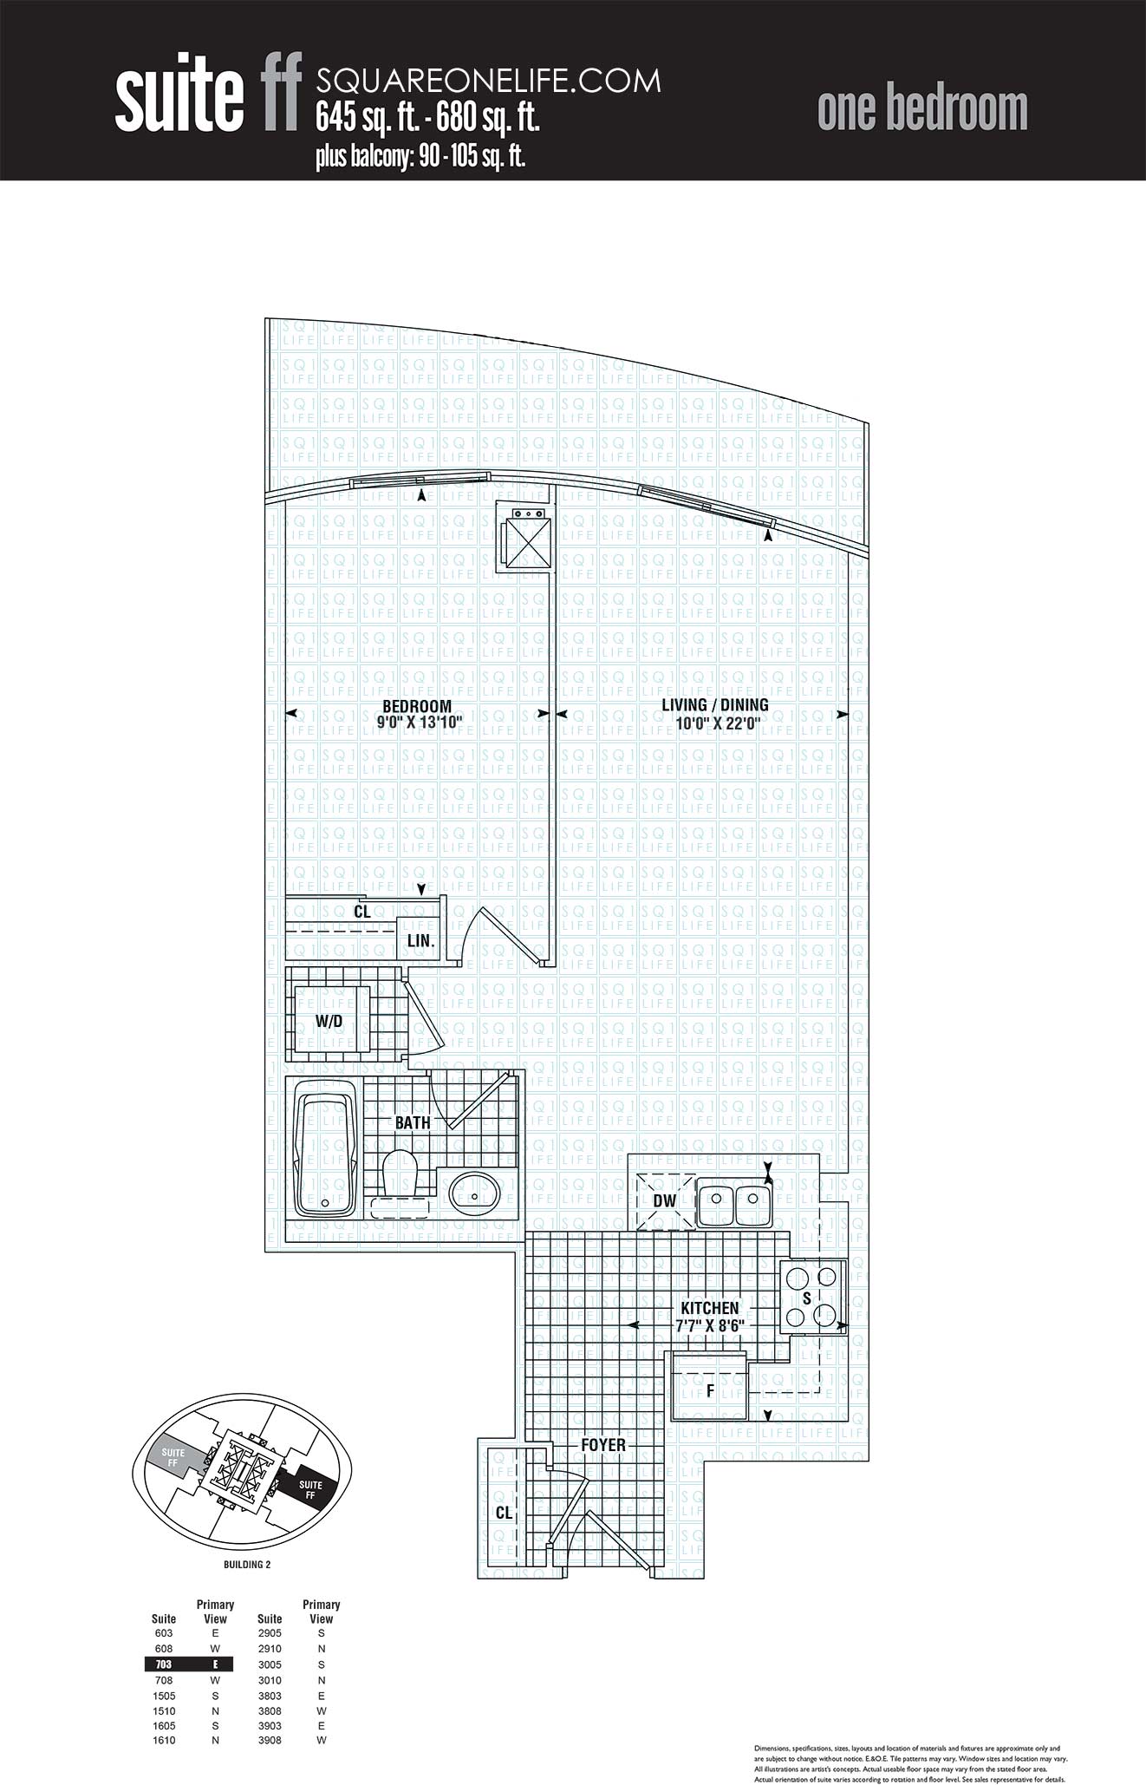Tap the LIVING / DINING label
(x=714, y=705)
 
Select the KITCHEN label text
(x=709, y=1307)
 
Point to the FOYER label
(x=603, y=1445)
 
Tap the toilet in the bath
(x=400, y=1173)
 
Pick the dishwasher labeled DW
(x=665, y=1201)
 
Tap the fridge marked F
(x=711, y=1390)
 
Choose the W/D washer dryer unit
(x=330, y=1020)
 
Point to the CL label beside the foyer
(x=504, y=1513)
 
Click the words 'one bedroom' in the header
(x=922, y=110)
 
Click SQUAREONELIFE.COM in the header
(x=488, y=81)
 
